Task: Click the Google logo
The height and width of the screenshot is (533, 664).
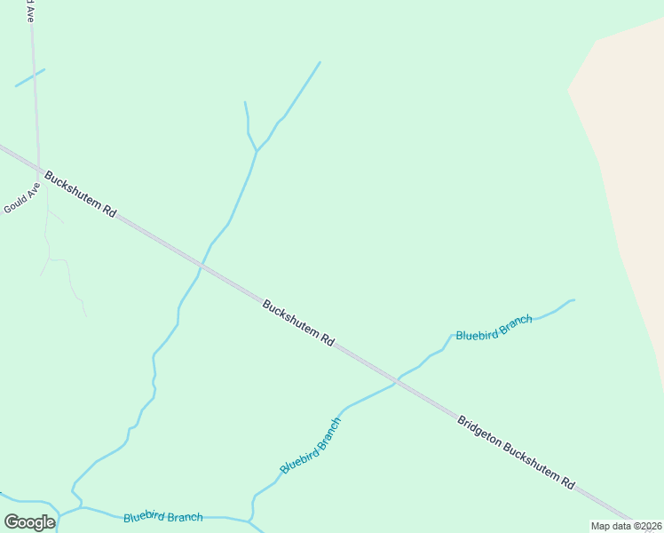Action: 29,521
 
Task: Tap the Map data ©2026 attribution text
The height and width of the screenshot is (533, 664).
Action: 626,526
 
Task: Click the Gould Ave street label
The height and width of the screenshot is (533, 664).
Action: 22,199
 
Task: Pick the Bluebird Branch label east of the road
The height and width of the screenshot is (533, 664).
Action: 494,327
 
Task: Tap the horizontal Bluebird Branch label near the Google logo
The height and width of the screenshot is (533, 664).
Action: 162,516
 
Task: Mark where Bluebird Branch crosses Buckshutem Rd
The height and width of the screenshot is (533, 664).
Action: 397,381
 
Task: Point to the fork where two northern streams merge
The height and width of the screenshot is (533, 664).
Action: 257,151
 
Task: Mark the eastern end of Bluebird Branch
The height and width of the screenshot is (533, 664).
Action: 573,300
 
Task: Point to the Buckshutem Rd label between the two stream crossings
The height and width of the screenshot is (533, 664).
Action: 298,322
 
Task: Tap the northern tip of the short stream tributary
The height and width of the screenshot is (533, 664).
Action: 245,102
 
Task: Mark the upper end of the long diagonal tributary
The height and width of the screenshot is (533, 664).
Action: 320,62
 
